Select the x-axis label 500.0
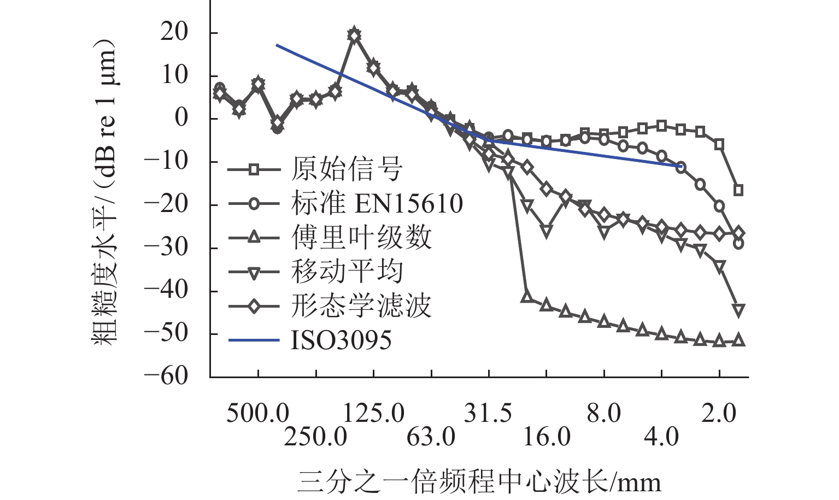click(258, 414)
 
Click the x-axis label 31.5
click(488, 414)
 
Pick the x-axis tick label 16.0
click(547, 437)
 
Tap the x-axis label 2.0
click(719, 414)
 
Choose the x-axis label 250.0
click(315, 437)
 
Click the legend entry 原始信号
click(347, 169)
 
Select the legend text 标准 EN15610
click(377, 204)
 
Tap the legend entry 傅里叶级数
click(361, 238)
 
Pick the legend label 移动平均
click(347, 272)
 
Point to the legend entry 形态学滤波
click(361, 306)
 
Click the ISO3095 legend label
click(341, 340)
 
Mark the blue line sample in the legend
click(254, 340)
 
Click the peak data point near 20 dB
click(354, 35)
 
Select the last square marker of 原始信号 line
click(738, 190)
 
